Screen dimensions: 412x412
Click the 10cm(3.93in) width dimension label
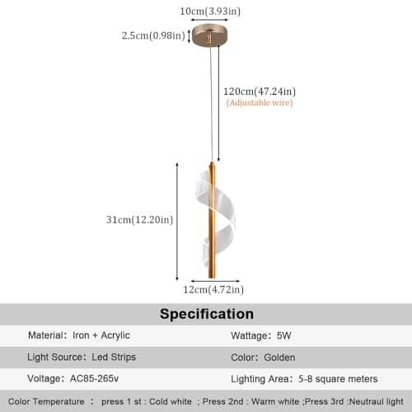pyautogui.click(x=210, y=12)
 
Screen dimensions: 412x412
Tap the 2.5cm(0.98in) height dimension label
pyautogui.click(x=153, y=35)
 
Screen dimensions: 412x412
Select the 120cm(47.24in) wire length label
pyautogui.click(x=260, y=91)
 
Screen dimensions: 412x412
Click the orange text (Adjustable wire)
pyautogui.click(x=260, y=103)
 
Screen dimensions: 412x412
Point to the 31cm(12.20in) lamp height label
pyautogui.click(x=139, y=220)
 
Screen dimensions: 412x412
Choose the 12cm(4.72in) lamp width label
pyautogui.click(x=213, y=289)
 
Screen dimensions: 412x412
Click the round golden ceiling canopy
pyautogui.click(x=210, y=35)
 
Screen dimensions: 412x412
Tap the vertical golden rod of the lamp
pyautogui.click(x=212, y=220)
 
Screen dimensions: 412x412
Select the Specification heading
pyautogui.click(x=207, y=314)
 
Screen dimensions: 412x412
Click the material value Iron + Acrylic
pyautogui.click(x=101, y=335)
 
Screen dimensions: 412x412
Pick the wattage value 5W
pyautogui.click(x=283, y=335)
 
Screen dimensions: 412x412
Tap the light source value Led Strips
pyautogui.click(x=114, y=357)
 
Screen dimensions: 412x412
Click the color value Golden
pyautogui.click(x=279, y=358)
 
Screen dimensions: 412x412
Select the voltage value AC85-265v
pyautogui.click(x=94, y=378)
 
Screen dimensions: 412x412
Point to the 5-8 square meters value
pyautogui.click(x=338, y=379)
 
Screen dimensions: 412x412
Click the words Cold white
pyautogui.click(x=171, y=401)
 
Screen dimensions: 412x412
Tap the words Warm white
pyautogui.click(x=275, y=401)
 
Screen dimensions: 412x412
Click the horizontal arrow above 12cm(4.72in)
pyautogui.click(x=215, y=281)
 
